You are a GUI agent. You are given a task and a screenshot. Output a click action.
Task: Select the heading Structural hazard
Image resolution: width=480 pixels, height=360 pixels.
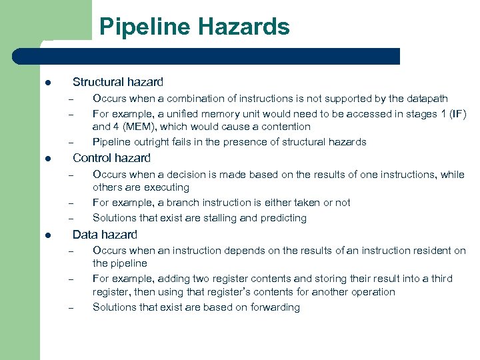coord(117,82)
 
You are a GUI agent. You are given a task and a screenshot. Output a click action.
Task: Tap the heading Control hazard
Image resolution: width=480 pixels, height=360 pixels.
coord(111,158)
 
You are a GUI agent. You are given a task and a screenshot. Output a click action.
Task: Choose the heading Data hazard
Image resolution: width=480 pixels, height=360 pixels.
coord(105,234)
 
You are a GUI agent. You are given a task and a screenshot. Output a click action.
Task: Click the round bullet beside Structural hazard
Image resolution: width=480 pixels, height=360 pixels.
coord(48,83)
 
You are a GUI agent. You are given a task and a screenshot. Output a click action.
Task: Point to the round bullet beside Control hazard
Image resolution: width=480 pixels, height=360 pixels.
coord(48,159)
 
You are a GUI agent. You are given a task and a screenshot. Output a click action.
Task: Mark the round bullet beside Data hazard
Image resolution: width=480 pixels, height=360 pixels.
coord(48,235)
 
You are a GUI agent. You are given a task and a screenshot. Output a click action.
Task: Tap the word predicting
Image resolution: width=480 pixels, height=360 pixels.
coord(283,218)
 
